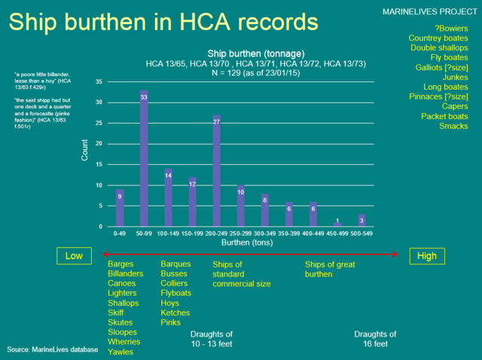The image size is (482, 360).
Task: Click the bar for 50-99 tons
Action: pyautogui.click(x=144, y=158)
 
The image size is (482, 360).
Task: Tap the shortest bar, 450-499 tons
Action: pyautogui.click(x=337, y=224)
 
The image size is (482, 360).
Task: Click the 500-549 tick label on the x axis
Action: pyautogui.click(x=361, y=234)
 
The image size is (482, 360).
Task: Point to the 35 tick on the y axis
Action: pyautogui.click(x=99, y=81)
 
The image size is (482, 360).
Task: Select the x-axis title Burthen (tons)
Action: pyautogui.click(x=241, y=244)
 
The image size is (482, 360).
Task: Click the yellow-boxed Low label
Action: pyautogui.click(x=74, y=256)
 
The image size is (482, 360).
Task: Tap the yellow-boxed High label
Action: pyautogui.click(x=426, y=256)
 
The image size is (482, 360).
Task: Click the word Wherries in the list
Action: pyautogui.click(x=124, y=341)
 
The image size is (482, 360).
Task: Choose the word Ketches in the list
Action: pyautogui.click(x=175, y=313)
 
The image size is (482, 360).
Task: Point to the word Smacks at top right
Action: pyautogui.click(x=453, y=126)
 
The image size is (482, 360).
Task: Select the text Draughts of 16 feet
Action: pyautogui.click(x=375, y=338)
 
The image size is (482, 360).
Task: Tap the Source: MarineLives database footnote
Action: pyautogui.click(x=53, y=349)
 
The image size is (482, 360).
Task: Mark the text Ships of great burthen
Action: pyautogui.click(x=329, y=269)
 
